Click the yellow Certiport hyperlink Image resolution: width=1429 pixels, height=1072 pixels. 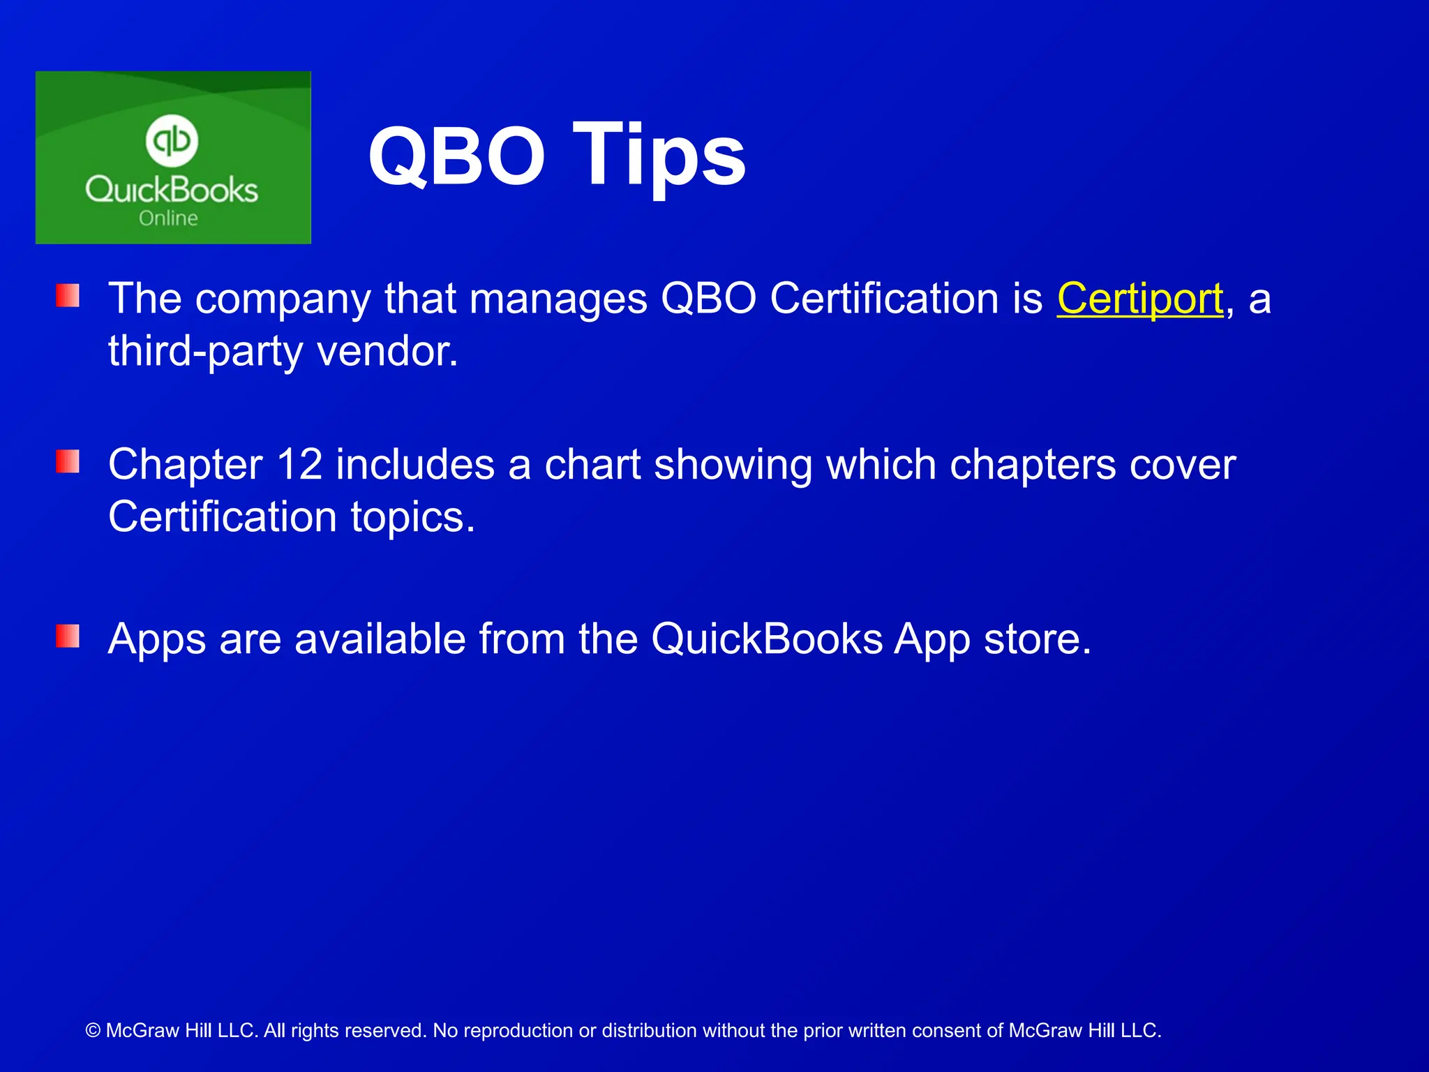pyautogui.click(x=1139, y=299)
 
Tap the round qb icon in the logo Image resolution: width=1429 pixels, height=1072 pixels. pyautogui.click(x=172, y=140)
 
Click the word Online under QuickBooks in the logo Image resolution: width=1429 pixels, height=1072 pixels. pyautogui.click(x=168, y=218)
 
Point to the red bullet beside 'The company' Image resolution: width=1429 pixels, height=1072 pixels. pyautogui.click(x=68, y=295)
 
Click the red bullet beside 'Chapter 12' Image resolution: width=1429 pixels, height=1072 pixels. pyautogui.click(x=68, y=461)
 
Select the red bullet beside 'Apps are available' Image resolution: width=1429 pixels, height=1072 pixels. pyautogui.click(x=68, y=636)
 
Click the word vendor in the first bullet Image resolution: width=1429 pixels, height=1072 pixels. pyautogui.click(x=387, y=351)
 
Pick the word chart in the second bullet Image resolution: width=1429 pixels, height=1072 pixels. pyautogui.click(x=592, y=465)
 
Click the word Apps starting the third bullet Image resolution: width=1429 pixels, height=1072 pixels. pyautogui.click(x=156, y=639)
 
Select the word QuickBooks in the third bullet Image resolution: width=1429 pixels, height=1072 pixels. pyautogui.click(x=767, y=639)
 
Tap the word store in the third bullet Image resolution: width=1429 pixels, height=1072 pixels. pyautogui.click(x=1036, y=639)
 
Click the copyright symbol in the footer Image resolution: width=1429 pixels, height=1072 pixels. pyautogui.click(x=93, y=1031)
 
